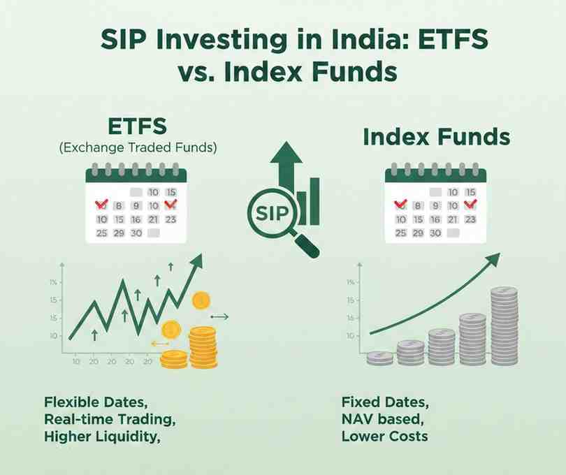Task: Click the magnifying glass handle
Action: [307, 245]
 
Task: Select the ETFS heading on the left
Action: [138, 127]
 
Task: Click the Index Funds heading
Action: [436, 137]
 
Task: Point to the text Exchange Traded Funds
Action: [138, 148]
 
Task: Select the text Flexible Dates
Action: [96, 403]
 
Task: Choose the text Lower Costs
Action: [384, 437]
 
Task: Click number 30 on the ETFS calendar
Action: [136, 233]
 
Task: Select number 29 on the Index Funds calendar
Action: [417, 233]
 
